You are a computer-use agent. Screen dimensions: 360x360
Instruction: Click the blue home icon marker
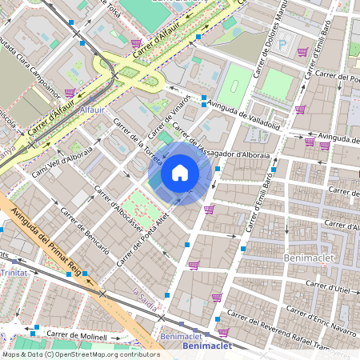coord(180,173)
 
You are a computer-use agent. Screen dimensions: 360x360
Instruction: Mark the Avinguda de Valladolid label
coord(242,116)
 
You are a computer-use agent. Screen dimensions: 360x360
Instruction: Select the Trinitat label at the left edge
coord(14,273)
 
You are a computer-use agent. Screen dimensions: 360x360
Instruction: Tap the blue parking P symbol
coord(281,44)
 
